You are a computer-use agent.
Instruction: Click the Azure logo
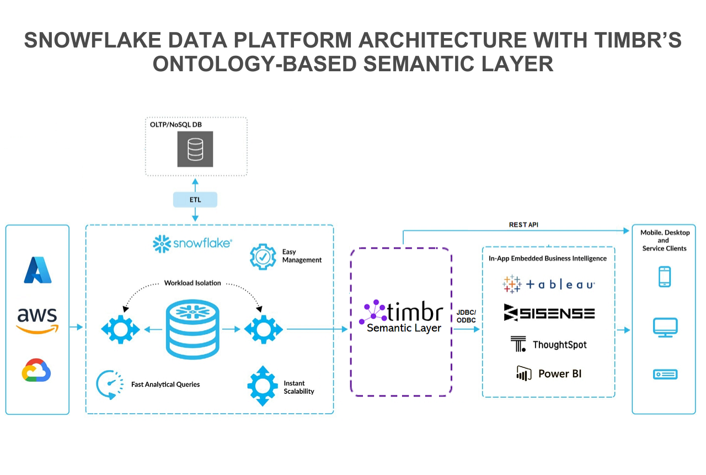tap(38, 270)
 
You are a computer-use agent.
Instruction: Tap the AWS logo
tap(38, 320)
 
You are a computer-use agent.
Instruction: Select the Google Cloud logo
tap(36, 370)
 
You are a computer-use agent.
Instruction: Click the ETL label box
tap(195, 199)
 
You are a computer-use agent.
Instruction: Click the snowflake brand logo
tap(192, 243)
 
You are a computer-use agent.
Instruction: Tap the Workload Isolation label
tap(192, 283)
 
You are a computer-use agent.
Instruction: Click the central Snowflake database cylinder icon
tap(192, 330)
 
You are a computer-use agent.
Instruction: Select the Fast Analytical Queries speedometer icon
tap(109, 384)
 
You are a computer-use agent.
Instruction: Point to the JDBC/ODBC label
tap(466, 316)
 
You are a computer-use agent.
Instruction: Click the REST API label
tap(524, 225)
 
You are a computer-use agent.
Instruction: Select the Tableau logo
tap(548, 284)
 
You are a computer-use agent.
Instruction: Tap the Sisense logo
tap(549, 313)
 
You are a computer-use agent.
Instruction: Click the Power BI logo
tap(548, 373)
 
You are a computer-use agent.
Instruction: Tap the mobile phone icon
tap(665, 277)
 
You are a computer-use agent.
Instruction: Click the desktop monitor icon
tap(665, 328)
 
